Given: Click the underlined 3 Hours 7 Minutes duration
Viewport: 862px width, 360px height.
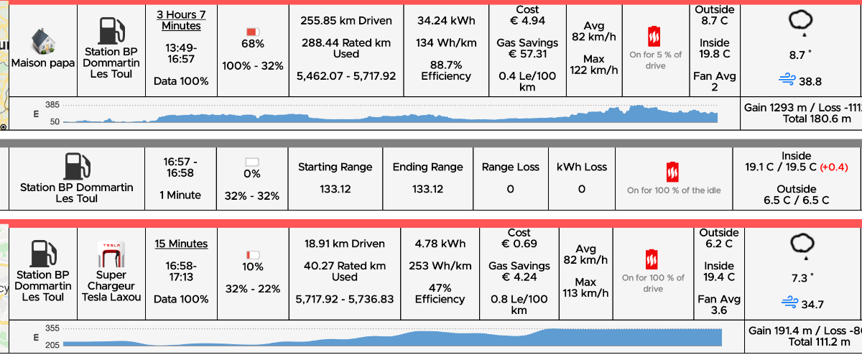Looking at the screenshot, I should click(180, 20).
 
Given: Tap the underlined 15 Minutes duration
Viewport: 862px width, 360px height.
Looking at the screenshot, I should click(181, 244).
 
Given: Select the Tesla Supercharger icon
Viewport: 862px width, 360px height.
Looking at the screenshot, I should click(111, 255).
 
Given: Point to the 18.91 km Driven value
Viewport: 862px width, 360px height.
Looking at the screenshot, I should click(345, 244).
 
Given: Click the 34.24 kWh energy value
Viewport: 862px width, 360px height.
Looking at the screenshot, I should click(445, 21).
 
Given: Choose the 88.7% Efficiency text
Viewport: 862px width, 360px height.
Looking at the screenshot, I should click(445, 70).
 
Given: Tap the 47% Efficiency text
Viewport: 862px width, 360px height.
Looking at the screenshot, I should click(440, 292).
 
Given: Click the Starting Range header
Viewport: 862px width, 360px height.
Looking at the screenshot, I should click(335, 167).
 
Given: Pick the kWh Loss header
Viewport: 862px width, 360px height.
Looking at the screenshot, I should click(581, 167).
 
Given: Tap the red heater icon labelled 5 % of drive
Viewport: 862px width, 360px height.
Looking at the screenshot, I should click(654, 36).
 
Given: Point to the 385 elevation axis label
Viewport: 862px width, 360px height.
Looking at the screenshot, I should click(51, 105).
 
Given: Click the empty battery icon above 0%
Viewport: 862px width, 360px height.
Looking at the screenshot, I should click(252, 162).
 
